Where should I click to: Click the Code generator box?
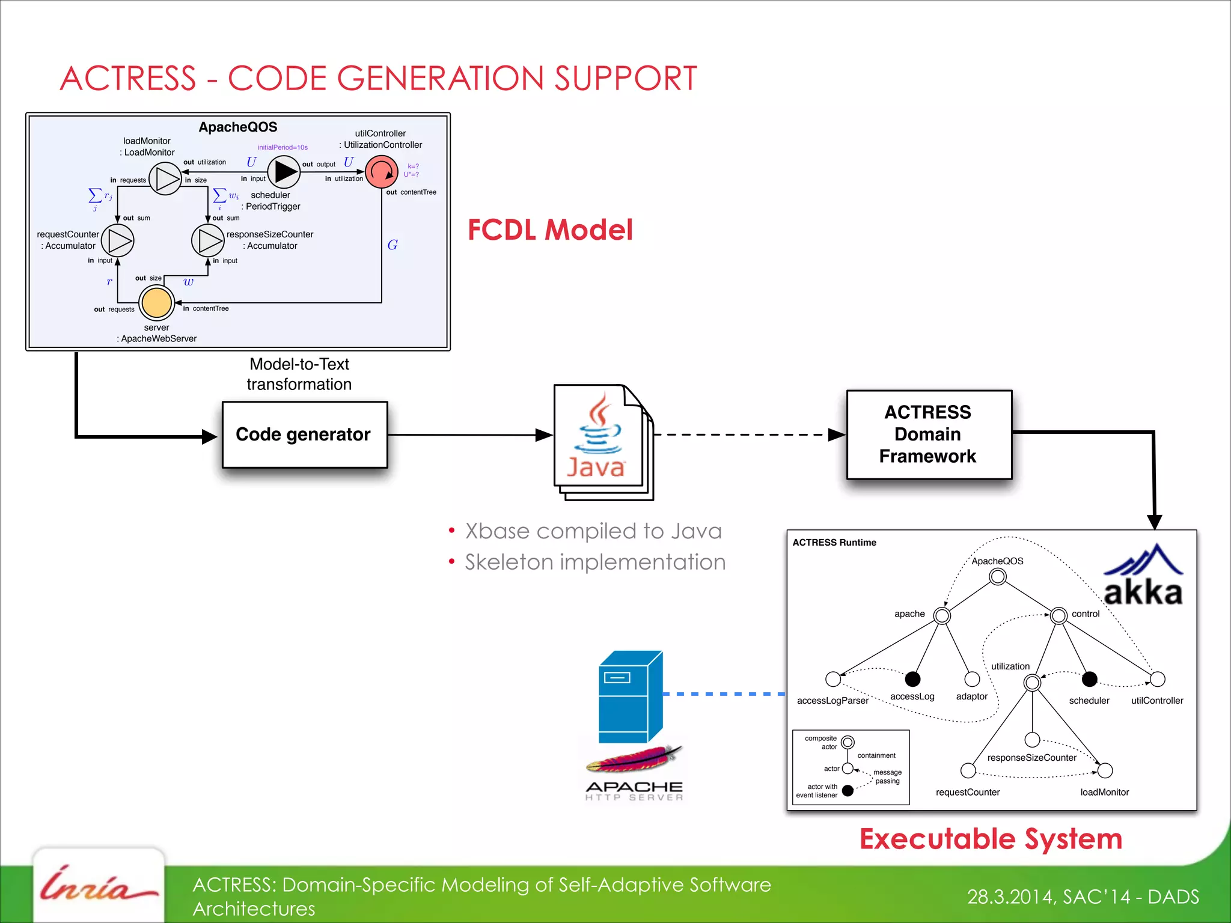point(305,434)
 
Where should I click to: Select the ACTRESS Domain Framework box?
point(929,434)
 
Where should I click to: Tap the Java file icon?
point(601,442)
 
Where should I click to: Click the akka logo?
point(1143,577)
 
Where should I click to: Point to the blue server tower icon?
point(629,697)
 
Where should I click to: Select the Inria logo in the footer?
point(98,886)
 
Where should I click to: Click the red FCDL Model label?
point(549,230)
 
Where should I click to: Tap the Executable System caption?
point(991,839)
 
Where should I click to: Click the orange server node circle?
point(157,302)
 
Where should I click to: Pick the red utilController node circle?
point(381,172)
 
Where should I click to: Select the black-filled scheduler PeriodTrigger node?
point(284,172)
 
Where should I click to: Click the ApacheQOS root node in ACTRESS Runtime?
point(997,577)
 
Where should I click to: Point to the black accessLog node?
point(912,679)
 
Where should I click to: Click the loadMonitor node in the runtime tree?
point(1105,770)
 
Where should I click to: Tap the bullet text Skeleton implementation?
point(594,562)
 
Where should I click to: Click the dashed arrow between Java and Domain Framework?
point(745,434)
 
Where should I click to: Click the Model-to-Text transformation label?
point(299,374)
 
